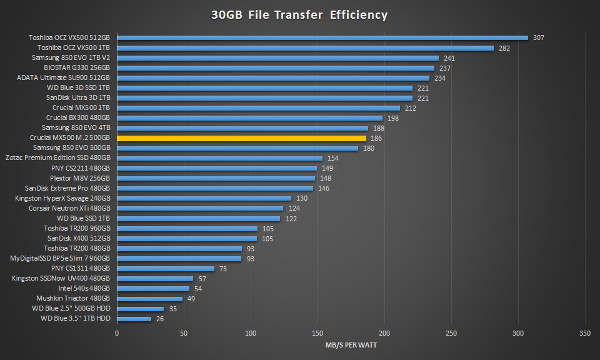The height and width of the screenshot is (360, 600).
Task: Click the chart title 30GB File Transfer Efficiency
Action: click(299, 15)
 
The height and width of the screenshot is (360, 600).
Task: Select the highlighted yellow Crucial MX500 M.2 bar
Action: click(241, 138)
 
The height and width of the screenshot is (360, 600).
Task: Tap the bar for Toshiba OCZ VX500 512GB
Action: click(322, 37)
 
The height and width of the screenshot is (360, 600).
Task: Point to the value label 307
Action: click(538, 37)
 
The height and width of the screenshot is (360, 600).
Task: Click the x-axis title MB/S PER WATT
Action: click(351, 345)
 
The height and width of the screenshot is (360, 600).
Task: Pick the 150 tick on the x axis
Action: click(317, 332)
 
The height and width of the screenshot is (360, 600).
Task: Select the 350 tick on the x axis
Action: click(585, 332)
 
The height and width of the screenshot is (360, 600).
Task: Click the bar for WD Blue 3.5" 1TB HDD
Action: click(134, 319)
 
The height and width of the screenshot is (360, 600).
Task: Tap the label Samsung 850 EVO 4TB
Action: click(76, 128)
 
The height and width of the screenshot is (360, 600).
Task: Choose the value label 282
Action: click(504, 48)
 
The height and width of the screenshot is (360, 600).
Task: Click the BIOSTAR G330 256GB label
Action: click(77, 68)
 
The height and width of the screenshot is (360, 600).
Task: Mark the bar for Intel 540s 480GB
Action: click(153, 289)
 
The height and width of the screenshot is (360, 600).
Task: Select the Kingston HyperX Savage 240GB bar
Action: click(204, 198)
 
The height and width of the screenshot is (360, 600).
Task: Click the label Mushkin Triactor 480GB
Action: click(73, 299)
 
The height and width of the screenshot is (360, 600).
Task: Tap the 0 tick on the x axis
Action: click(117, 332)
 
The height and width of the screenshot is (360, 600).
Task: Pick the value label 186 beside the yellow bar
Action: click(376, 138)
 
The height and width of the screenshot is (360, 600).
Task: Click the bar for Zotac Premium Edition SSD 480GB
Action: click(219, 158)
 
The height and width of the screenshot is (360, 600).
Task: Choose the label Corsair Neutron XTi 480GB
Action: click(69, 208)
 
